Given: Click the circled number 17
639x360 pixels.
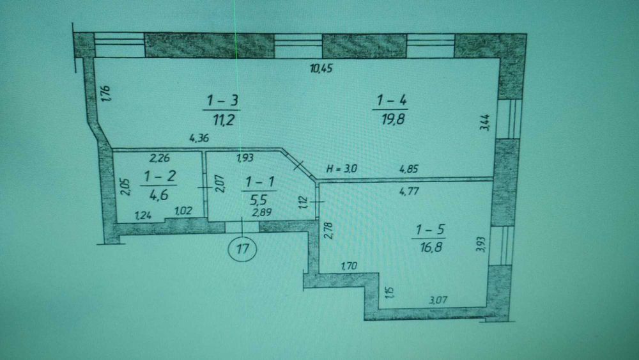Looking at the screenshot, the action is pos(242,248).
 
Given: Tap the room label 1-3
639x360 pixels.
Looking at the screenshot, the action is pos(222,100).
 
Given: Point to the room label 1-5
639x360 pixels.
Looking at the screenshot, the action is pos(429,230).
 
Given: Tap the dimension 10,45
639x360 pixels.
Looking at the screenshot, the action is pos(321,68).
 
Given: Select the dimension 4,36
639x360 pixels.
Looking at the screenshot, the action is pos(199,138).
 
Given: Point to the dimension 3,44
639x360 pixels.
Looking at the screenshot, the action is pos(485,122).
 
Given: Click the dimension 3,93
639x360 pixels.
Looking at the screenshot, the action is pos(481,245).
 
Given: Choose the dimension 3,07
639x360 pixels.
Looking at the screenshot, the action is pos(438,300).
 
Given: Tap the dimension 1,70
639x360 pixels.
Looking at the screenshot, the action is pos(349,266).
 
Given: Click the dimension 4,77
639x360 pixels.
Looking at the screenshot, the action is pos(409,191).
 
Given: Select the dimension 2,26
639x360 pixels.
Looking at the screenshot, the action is pos(160,158).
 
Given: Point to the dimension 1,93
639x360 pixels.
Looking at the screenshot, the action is pos(245,158).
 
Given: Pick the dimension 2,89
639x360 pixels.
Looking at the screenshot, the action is pos(261,212).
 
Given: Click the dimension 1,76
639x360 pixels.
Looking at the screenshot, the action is pos(105,93).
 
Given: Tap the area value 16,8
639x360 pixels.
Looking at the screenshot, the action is pos(430,247).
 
